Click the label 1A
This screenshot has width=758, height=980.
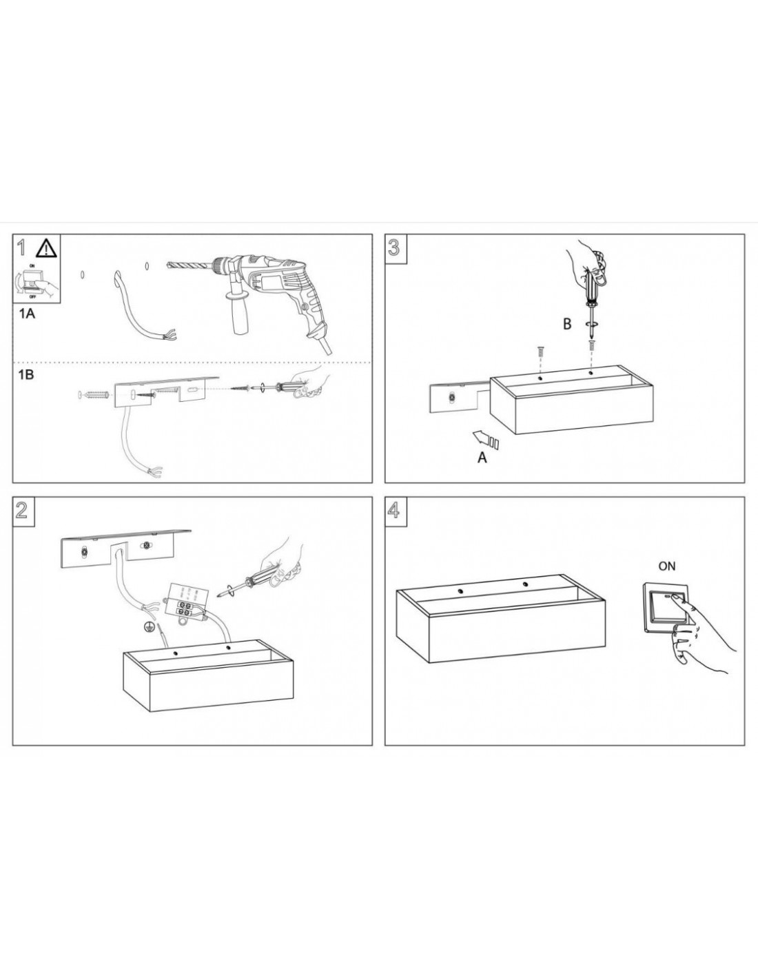pyautogui.click(x=27, y=314)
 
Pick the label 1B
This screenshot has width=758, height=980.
pyautogui.click(x=27, y=374)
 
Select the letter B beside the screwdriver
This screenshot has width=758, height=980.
pyautogui.click(x=567, y=324)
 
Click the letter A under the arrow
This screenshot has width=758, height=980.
pyautogui.click(x=482, y=458)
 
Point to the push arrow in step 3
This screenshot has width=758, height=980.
pyautogui.click(x=486, y=439)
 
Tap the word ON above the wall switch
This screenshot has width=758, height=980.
pyautogui.click(x=667, y=566)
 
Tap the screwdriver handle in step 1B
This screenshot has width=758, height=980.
pyautogui.click(x=287, y=386)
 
